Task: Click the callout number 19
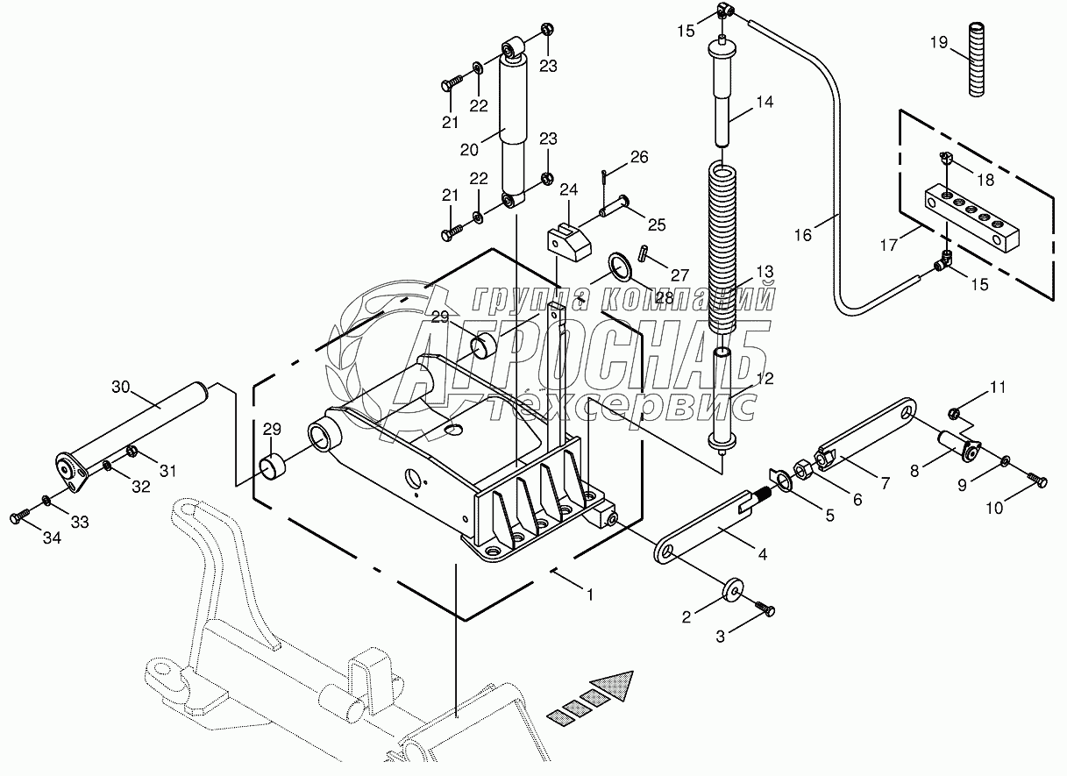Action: tap(937, 41)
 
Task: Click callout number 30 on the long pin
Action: tap(121, 386)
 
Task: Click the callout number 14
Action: tap(764, 103)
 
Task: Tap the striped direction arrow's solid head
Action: tap(617, 685)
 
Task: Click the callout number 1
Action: tap(590, 594)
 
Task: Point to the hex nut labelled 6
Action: tap(802, 466)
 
